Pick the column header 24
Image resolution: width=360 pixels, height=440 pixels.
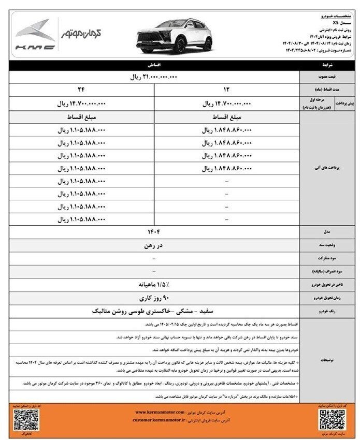[81, 89]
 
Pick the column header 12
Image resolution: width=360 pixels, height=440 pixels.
[227, 89]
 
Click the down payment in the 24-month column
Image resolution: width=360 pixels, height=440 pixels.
[81, 103]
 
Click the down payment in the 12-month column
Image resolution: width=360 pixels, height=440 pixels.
[227, 103]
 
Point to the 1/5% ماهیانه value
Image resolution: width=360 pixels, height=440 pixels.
[154, 284]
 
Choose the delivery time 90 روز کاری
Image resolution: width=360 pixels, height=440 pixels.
[154, 298]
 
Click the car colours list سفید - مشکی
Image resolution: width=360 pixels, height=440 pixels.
[154, 312]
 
